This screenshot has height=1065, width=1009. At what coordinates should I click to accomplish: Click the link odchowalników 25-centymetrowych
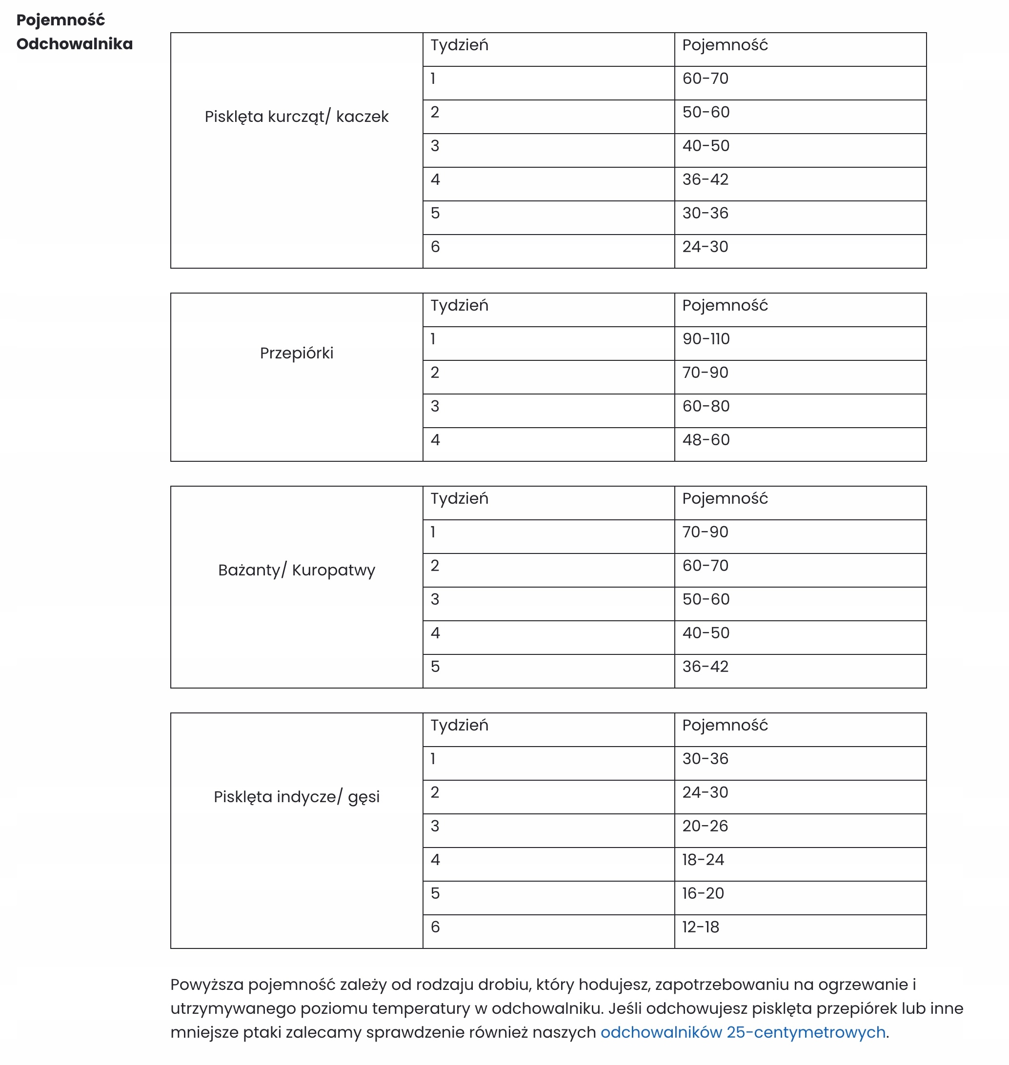point(742,1032)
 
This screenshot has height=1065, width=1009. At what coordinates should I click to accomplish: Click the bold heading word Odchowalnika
point(75,43)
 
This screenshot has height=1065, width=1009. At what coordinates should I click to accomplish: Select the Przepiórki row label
point(296,353)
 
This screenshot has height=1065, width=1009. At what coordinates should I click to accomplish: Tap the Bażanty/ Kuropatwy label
point(296,570)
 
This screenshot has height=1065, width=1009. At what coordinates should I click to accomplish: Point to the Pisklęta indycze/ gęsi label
point(296,797)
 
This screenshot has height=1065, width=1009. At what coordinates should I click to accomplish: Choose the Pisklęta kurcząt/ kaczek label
point(296,117)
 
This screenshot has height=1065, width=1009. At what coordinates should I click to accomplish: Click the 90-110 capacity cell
point(706,339)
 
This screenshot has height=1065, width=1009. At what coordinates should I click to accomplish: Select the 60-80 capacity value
point(706,406)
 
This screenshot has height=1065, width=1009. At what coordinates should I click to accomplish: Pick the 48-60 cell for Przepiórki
point(706,440)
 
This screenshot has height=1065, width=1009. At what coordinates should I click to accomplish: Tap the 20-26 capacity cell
point(705,827)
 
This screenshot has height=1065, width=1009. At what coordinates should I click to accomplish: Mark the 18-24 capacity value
point(703,860)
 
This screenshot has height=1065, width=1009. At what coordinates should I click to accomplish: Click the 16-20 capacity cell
point(703,893)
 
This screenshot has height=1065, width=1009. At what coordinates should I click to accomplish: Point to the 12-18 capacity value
point(700,927)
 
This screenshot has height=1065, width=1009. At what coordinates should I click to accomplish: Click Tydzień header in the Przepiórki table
point(459,305)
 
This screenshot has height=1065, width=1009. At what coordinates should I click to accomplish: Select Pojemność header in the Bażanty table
point(725,498)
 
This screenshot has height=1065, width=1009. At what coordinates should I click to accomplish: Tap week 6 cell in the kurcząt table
point(435,247)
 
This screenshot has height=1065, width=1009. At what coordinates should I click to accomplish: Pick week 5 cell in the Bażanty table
point(435,667)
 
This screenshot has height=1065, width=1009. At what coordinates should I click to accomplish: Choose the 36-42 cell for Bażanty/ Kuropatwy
point(705,667)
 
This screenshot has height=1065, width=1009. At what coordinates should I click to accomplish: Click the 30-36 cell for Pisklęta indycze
point(705,759)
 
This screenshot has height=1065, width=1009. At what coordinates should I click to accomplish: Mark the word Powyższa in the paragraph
point(207,985)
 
